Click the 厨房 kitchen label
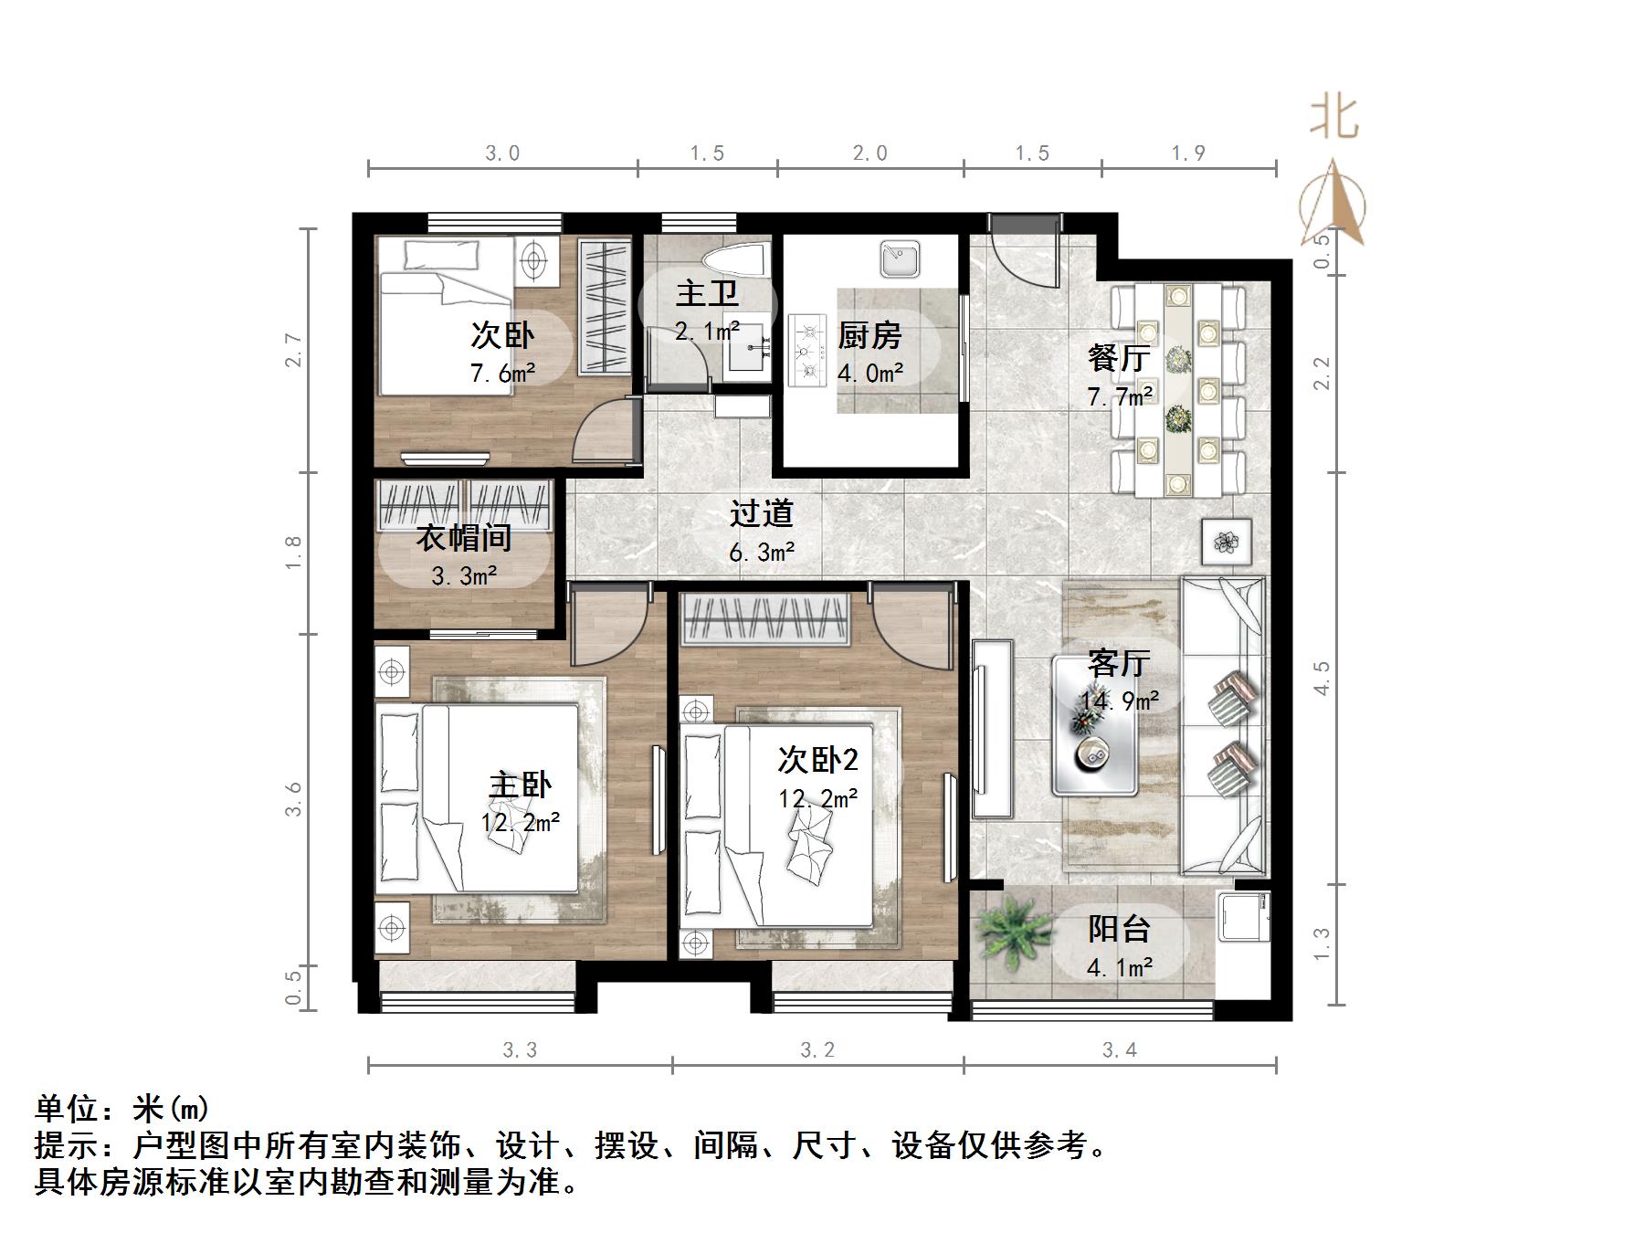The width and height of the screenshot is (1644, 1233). click(x=869, y=336)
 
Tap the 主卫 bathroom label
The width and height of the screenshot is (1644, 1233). click(x=707, y=294)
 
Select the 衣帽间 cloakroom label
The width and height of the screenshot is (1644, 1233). click(x=464, y=538)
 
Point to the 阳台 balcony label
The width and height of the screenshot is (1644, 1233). click(x=1119, y=929)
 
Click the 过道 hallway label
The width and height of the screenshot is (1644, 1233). click(x=761, y=514)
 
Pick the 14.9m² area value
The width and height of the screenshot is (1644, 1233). click(x=1120, y=701)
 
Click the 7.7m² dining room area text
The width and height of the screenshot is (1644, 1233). click(x=1120, y=396)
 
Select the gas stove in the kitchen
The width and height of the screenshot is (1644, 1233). click(x=807, y=348)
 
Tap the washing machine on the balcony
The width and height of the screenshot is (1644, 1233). click(x=1243, y=916)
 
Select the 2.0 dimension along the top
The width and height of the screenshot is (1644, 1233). click(x=869, y=153)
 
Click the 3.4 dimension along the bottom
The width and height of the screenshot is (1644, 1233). click(x=1119, y=1050)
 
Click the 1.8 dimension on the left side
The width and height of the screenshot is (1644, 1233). click(x=293, y=553)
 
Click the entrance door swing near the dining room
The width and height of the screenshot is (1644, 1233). click(x=1023, y=251)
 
